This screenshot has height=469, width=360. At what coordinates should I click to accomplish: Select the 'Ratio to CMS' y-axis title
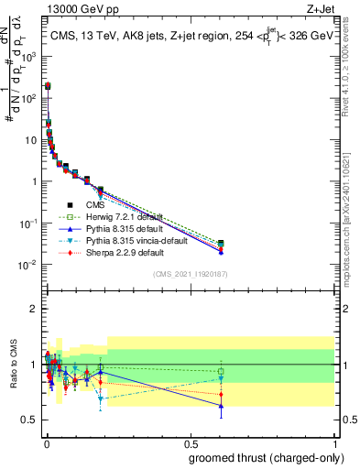[12, 365]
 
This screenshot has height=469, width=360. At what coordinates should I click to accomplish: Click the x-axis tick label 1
[333, 443]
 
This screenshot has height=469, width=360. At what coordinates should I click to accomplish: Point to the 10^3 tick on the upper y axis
[32, 55]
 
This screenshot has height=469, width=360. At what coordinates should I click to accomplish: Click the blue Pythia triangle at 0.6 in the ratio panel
[221, 406]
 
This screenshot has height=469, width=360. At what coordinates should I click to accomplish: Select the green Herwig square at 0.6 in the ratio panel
[221, 372]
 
